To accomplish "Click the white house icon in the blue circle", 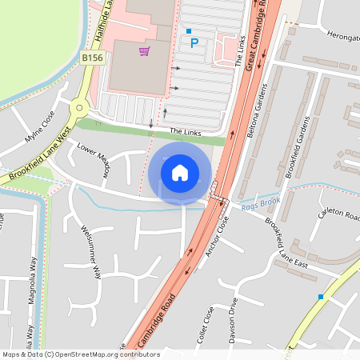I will (180, 172).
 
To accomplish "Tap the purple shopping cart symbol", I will (144, 52).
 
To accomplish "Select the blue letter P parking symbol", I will (194, 43).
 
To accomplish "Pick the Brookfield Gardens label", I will (297, 149).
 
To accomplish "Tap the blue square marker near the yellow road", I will (321, 297).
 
